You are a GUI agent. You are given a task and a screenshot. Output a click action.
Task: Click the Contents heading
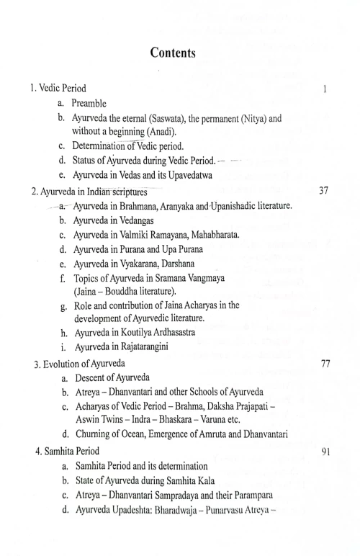click(x=180, y=52)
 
